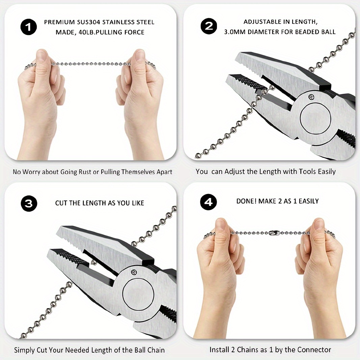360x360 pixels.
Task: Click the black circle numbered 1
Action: tap(29, 27)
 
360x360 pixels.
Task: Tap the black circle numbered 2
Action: tap(209, 26)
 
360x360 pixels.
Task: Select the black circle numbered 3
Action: tap(29, 203)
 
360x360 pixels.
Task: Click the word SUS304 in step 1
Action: tap(89, 22)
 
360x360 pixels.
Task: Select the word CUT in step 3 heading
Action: tap(61, 203)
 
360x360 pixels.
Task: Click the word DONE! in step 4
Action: tap(247, 201)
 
